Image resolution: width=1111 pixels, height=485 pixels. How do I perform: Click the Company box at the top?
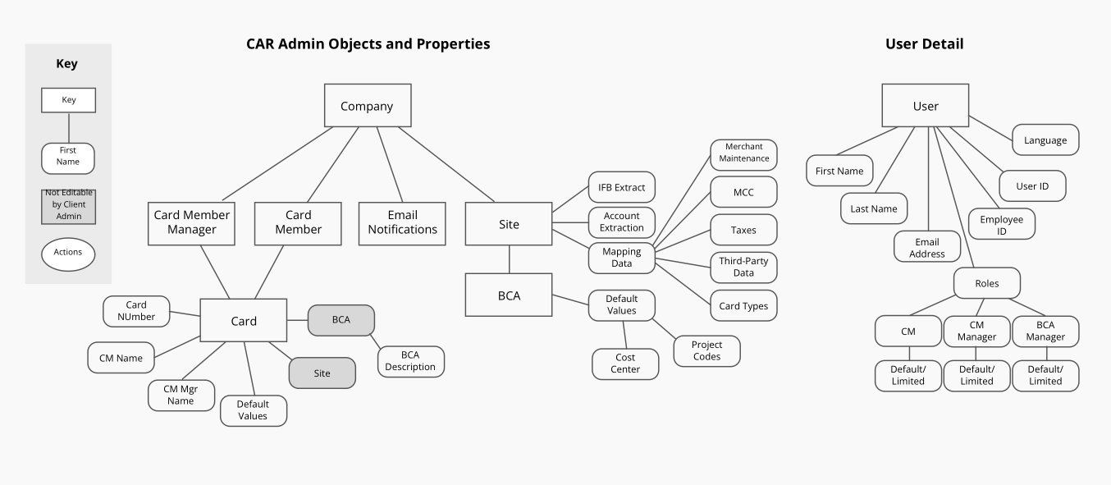(x=367, y=106)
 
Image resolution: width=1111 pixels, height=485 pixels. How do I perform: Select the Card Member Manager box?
(x=191, y=222)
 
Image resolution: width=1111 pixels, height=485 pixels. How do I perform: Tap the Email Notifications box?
(x=402, y=222)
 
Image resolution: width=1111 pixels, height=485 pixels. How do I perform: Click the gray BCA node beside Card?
(x=341, y=320)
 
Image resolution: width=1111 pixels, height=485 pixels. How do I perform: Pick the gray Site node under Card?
(x=322, y=373)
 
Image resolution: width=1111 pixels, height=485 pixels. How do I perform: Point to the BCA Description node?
(x=410, y=361)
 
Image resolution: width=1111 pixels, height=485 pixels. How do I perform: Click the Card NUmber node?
(x=136, y=310)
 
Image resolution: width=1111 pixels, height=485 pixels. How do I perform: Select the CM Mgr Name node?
(x=181, y=395)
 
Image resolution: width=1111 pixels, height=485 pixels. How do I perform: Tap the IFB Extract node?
(x=622, y=187)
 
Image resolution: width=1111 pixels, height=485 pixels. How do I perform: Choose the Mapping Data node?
(x=622, y=258)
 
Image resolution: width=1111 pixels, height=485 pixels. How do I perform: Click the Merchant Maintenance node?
(x=743, y=153)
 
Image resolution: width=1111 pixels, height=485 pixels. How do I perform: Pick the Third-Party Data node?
(x=743, y=267)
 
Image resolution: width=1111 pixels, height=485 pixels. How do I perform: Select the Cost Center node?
(x=625, y=364)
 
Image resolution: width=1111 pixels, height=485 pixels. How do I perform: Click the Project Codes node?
(x=706, y=350)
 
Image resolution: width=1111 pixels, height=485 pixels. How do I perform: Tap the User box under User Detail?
(x=925, y=106)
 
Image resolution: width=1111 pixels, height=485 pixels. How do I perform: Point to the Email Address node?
(x=927, y=248)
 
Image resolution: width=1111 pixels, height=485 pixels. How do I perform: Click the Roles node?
(x=987, y=283)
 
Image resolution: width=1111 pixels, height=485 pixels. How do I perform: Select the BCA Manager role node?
(x=1045, y=331)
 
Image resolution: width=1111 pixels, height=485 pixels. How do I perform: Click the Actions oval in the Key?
(x=68, y=253)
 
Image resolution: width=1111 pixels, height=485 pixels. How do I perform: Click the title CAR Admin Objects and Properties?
(x=368, y=44)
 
